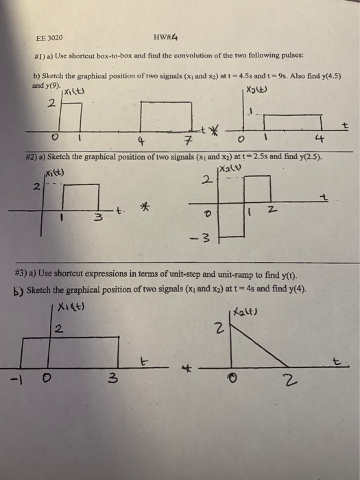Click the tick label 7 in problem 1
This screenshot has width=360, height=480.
click(187, 143)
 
